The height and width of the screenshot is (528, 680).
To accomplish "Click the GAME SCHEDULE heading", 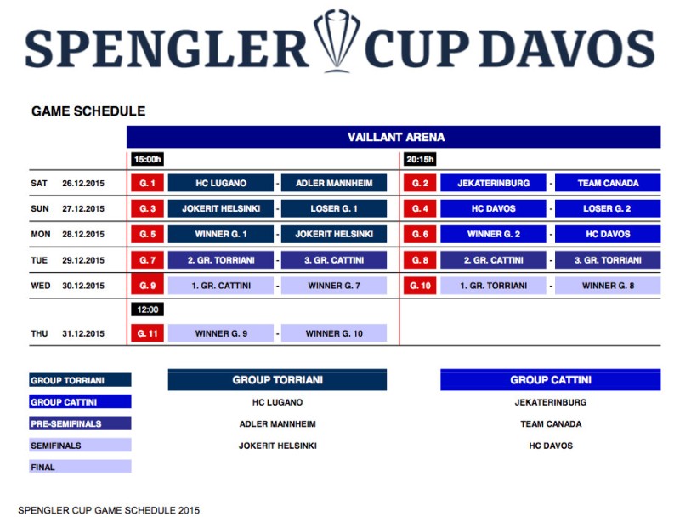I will pos(88,111).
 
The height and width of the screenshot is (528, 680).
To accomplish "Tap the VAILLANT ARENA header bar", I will pos(394,137).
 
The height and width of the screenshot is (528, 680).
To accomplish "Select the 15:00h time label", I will pos(147,159).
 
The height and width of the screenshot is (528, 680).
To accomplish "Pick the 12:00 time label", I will pos(147,310).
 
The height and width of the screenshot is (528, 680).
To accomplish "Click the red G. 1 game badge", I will pos(147,183).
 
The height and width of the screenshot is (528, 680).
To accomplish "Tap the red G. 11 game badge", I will pos(147,333).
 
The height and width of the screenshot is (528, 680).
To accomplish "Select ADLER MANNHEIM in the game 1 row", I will pos(333,183).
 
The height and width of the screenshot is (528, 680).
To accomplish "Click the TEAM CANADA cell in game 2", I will pos(608,183).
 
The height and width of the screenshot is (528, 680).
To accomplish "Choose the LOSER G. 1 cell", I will pos(333,208).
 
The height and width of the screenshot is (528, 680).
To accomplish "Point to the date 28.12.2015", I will pos(83,235).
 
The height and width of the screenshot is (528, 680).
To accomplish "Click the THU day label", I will pos(39,334).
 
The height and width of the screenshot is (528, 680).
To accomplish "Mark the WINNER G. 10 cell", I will pos(333,333).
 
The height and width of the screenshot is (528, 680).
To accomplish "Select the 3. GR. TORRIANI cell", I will pos(608,260).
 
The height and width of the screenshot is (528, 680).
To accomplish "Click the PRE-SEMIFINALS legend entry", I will pos(80,423).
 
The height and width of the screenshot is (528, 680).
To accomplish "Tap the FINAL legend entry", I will pos(80,466).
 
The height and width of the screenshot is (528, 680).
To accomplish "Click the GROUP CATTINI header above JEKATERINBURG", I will pos(550,380).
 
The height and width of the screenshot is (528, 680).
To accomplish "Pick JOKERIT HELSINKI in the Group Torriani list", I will pos(277,446).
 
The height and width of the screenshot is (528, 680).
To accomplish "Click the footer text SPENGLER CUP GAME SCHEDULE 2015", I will pos(109,510).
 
